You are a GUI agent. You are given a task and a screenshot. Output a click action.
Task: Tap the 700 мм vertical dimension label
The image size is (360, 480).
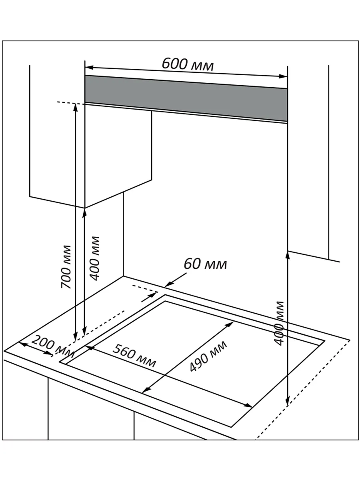coord(66,266)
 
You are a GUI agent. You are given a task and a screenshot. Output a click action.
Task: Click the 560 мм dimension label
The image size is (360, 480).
coord(134,355)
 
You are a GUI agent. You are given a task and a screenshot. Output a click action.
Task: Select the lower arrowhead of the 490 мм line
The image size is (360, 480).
coord(146,389)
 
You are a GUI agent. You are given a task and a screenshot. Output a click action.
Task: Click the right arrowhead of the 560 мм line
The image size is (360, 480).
coord(248,405)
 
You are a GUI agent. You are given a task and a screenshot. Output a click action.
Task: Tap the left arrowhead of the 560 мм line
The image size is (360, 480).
coord(90,348)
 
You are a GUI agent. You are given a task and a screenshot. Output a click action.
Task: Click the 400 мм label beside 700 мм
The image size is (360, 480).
coord(94,258)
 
